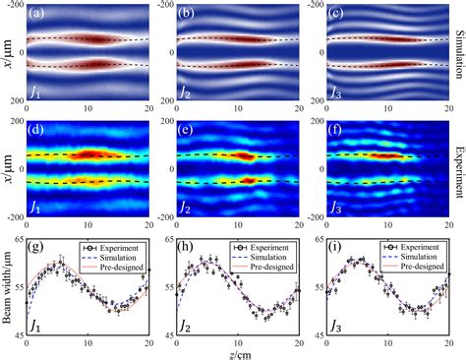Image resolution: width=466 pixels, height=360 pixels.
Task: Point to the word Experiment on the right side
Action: coord(457,172)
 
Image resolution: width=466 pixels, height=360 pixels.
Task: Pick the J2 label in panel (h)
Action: coord(184,324)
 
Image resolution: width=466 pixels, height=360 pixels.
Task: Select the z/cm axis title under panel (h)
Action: coord(236,353)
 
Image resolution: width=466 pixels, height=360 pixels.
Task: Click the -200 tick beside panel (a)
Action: coord(15,6)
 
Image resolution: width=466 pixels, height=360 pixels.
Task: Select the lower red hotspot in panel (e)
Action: coord(248,181)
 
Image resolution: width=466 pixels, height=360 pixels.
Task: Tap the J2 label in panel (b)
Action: coord(184,93)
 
